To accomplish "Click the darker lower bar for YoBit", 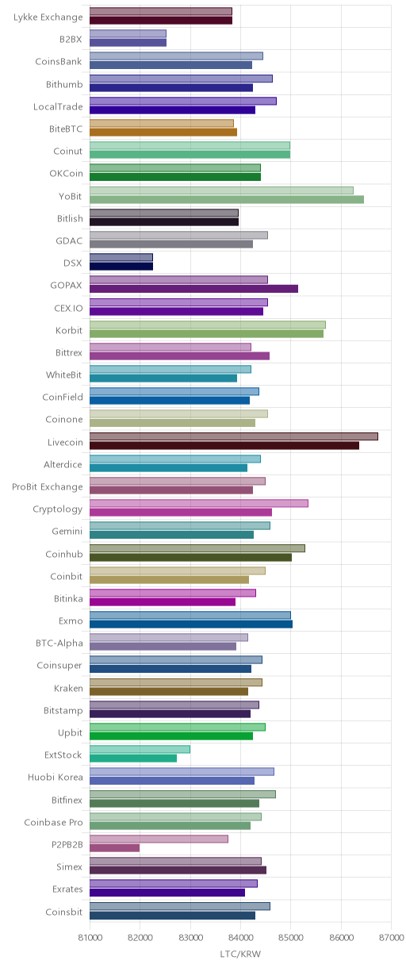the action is [227, 199].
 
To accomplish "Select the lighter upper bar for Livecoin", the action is [234, 436].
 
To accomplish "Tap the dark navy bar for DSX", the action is [121, 267].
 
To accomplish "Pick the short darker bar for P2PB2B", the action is [114, 848].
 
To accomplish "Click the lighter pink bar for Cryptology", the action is [199, 504].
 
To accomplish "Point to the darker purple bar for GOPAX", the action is [194, 289].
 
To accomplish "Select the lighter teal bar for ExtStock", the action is [140, 749].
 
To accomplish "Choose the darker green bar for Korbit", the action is [206, 333].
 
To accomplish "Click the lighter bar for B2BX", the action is [128, 33].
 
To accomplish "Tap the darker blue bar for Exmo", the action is [191, 624].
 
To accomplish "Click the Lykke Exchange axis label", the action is [48, 17].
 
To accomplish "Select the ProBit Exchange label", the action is [47, 487].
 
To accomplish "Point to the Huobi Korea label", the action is [56, 778].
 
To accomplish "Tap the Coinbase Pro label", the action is [53, 822].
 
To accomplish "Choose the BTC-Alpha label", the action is [59, 643].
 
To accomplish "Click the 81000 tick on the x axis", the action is [90, 937].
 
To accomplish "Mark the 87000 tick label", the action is [391, 937].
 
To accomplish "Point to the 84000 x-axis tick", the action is [240, 937].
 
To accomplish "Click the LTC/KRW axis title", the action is [240, 955].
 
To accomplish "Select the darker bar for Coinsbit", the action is [172, 916].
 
